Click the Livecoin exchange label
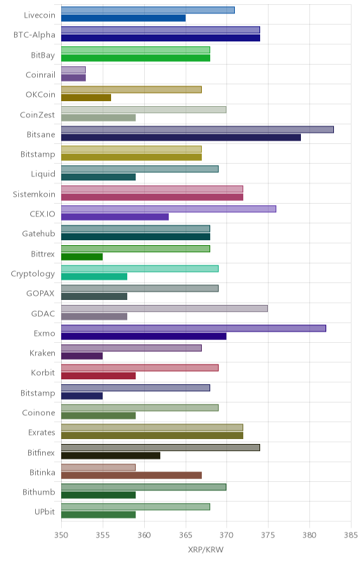39,15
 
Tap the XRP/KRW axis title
205,549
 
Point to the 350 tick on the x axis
61,535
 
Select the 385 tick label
351,535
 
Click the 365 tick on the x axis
186,535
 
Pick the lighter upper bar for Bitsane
198,129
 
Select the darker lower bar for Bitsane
181,138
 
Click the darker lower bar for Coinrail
74,78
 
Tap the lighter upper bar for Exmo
193,328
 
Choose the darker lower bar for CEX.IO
115,217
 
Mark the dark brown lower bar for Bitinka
131,476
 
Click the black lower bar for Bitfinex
111,455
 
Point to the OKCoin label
41,95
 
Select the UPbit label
45,512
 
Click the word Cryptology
33,274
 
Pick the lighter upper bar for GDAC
165,308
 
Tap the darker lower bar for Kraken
82,356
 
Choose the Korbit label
43,373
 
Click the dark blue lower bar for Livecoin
123,18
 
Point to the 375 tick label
268,535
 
